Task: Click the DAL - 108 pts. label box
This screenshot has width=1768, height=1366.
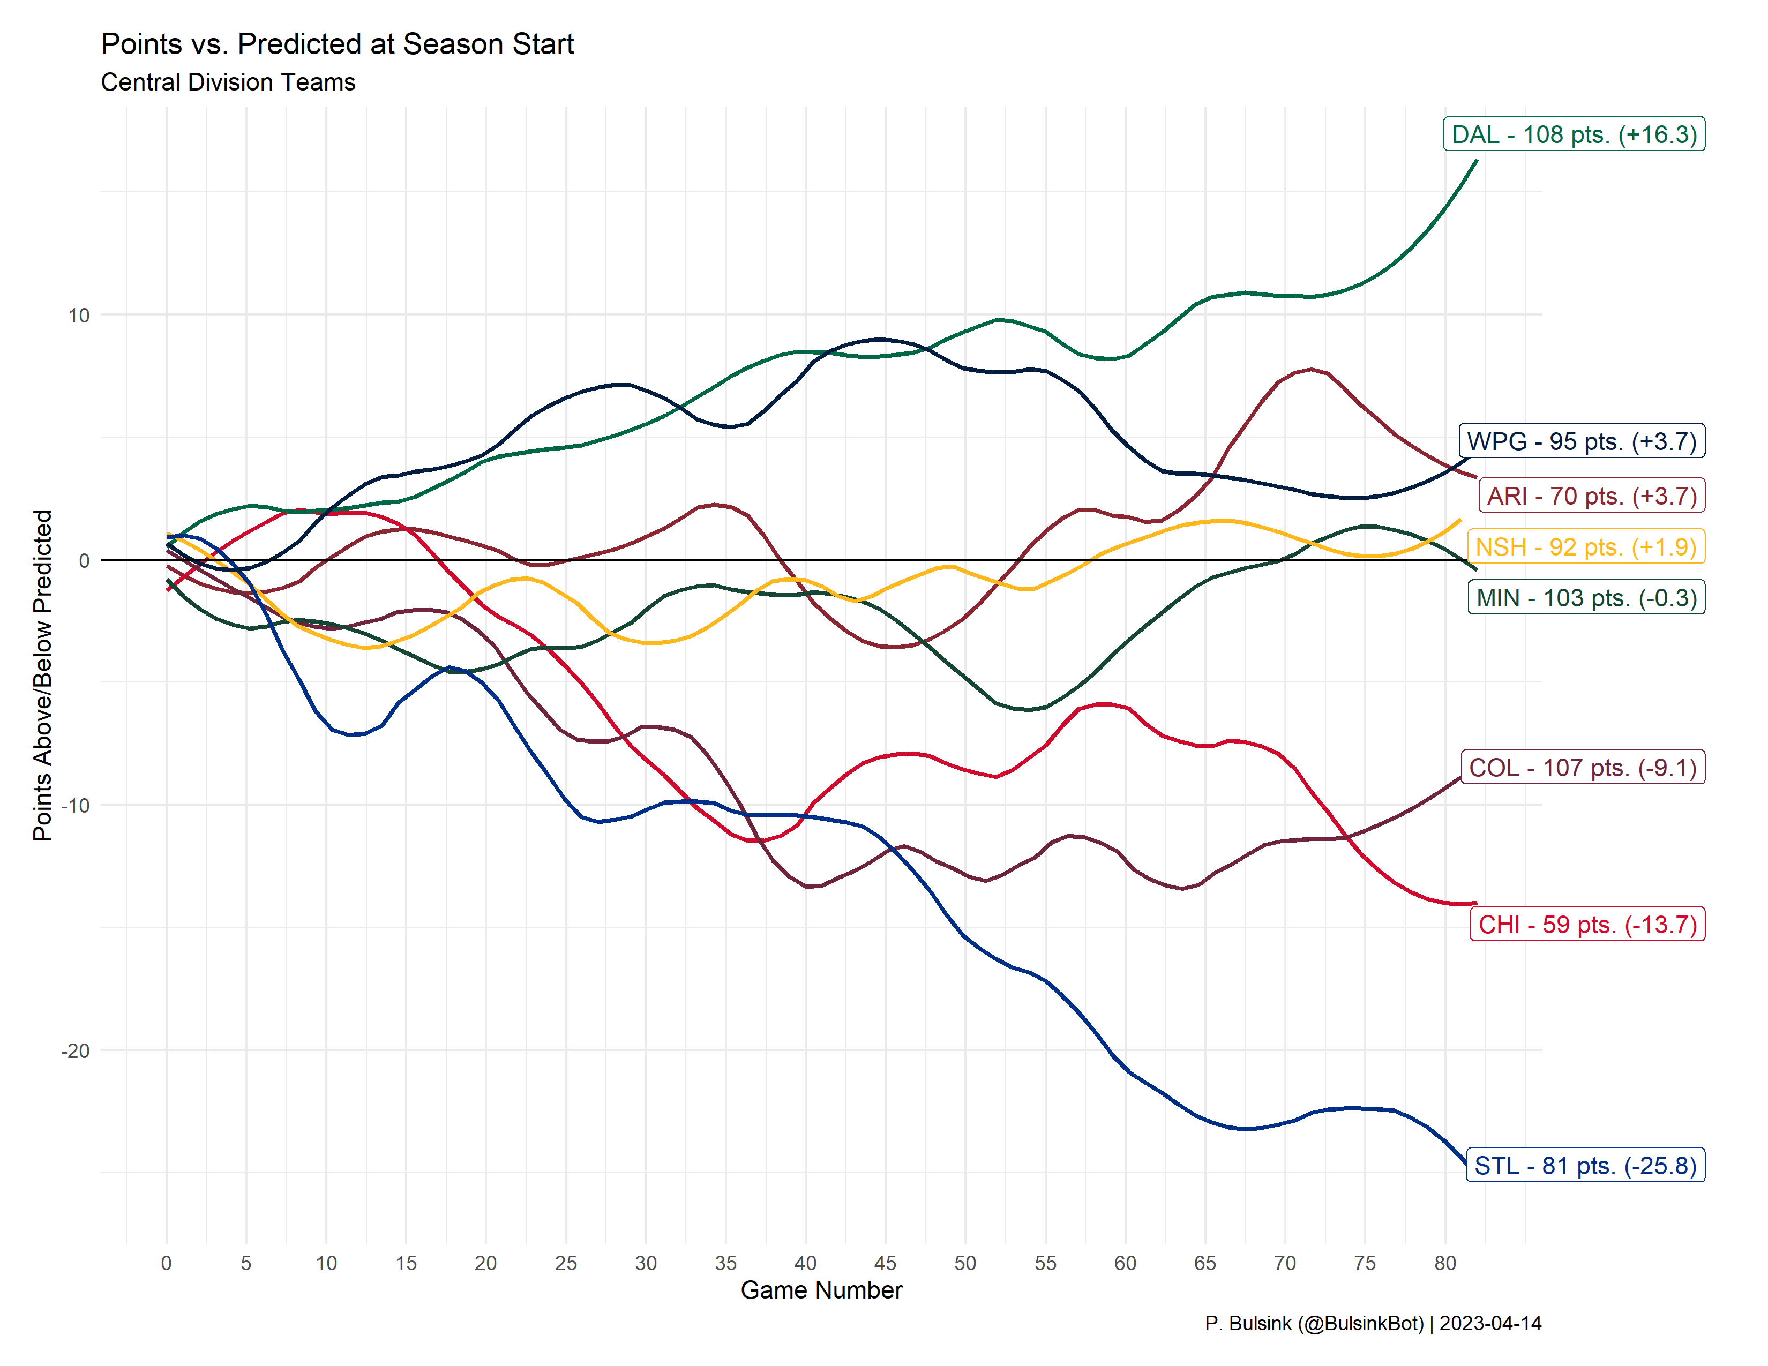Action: coord(1574,134)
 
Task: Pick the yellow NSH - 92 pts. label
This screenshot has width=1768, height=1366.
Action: coord(1585,546)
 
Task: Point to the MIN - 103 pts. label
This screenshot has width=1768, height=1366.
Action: coord(1586,597)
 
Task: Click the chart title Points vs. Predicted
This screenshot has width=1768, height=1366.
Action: coord(337,44)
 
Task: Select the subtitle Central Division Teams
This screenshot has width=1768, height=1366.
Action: coord(228,82)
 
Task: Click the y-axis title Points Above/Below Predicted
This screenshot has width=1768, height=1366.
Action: coord(42,675)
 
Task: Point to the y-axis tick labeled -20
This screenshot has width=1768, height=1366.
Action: coord(76,1050)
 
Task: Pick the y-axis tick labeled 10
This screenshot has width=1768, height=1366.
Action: coord(79,316)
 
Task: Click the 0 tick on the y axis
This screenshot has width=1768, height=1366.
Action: coord(84,560)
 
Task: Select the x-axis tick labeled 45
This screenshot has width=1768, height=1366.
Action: coord(885,1263)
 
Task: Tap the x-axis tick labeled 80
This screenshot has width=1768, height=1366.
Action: coord(1445,1263)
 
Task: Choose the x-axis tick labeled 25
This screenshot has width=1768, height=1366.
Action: coord(565,1263)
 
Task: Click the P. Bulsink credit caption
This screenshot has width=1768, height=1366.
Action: coord(1372,1323)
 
